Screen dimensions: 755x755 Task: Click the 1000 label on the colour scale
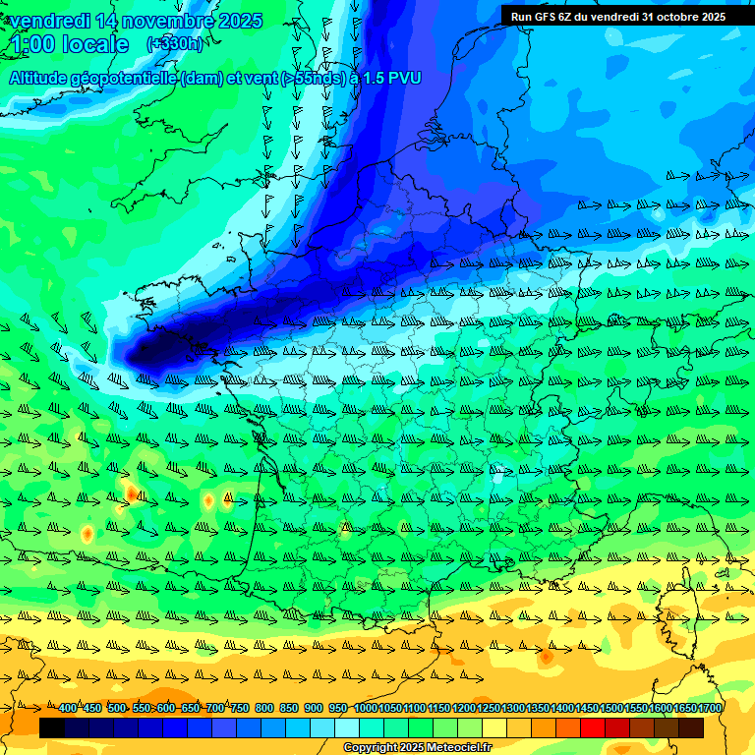pos(366,709)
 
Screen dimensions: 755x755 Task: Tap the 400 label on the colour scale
pos(68,709)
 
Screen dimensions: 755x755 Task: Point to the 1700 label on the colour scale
pos(710,709)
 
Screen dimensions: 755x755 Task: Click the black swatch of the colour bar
pos(52,728)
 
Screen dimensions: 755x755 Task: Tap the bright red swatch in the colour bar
pos(593,728)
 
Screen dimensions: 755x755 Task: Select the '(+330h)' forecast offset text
pos(174,43)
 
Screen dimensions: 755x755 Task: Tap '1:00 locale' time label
pos(70,44)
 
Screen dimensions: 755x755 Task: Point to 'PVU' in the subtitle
pos(403,78)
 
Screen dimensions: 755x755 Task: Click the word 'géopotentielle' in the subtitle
pos(125,78)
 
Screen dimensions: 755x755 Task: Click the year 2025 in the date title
pos(240,21)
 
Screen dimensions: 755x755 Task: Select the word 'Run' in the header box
pos(520,16)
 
